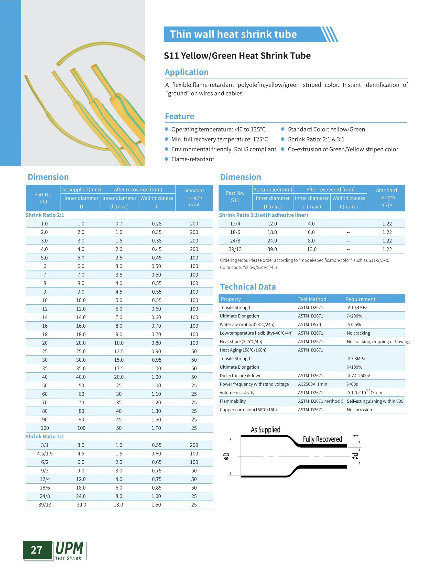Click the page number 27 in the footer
click(36, 550)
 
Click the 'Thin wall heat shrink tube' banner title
click(233, 34)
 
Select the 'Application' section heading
click(187, 72)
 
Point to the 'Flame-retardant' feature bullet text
click(192, 159)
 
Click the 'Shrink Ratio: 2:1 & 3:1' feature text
click(316, 139)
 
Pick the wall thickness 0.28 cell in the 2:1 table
click(157, 224)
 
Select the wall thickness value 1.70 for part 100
click(156, 428)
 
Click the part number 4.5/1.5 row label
click(45, 454)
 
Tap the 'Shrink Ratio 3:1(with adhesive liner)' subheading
click(263, 215)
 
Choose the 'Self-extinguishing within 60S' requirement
click(375, 401)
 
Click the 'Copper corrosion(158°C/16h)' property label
click(248, 410)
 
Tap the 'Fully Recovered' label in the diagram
click(322, 439)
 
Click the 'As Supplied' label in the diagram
click(265, 430)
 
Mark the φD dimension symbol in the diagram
click(226, 456)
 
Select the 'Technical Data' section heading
click(248, 287)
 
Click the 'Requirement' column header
click(360, 299)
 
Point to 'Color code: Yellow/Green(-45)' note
click(248, 268)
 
